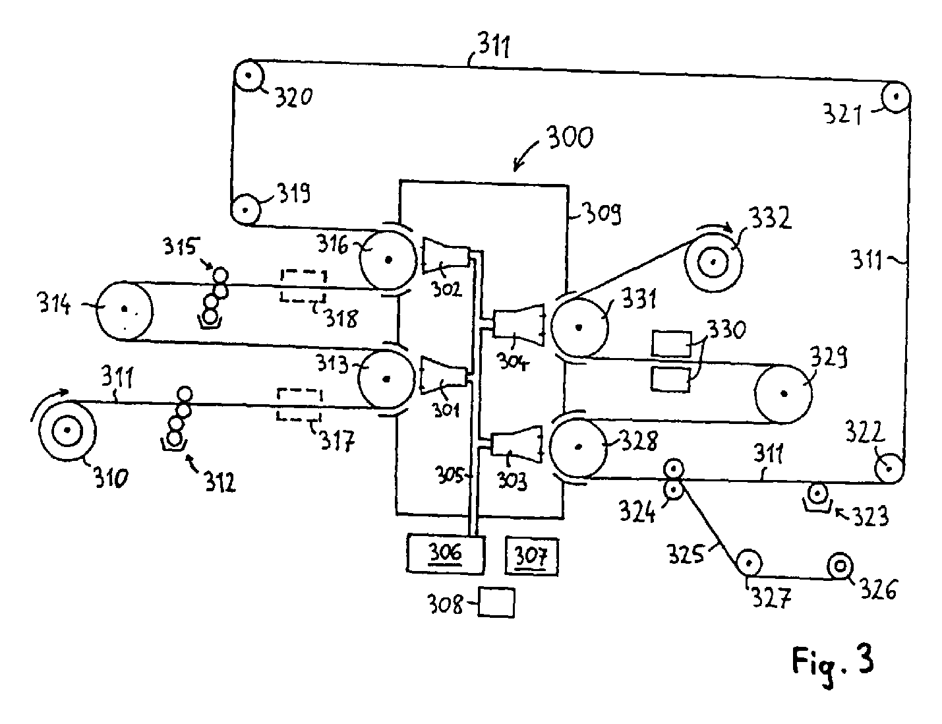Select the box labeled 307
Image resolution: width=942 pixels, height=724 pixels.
tap(531, 557)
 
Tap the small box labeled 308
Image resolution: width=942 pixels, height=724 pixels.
tap(496, 602)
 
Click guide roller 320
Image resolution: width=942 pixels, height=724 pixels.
tap(248, 75)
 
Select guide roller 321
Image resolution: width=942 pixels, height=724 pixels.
tap(897, 97)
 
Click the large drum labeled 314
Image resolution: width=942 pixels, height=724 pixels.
tap(124, 309)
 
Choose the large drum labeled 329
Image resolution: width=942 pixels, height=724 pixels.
tap(783, 394)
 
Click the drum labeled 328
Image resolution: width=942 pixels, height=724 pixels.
tap(578, 446)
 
